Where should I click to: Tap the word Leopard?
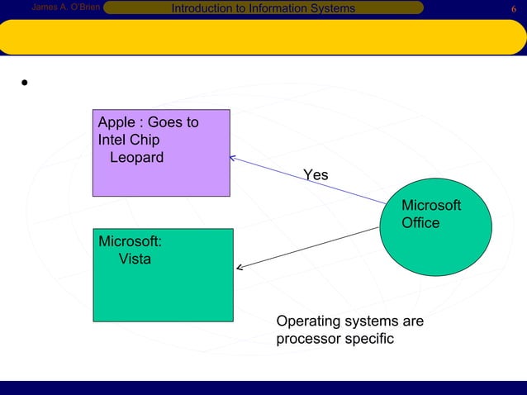click(136, 157)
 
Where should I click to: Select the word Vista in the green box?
click(135, 259)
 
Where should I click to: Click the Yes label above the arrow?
click(315, 175)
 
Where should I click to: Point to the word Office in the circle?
click(420, 223)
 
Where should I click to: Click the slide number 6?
click(515, 8)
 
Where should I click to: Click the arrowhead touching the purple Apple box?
click(234, 157)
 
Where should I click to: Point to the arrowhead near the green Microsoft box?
click(240, 267)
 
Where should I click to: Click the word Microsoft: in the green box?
click(130, 241)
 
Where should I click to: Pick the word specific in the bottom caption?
click(370, 339)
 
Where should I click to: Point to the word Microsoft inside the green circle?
click(430, 206)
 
